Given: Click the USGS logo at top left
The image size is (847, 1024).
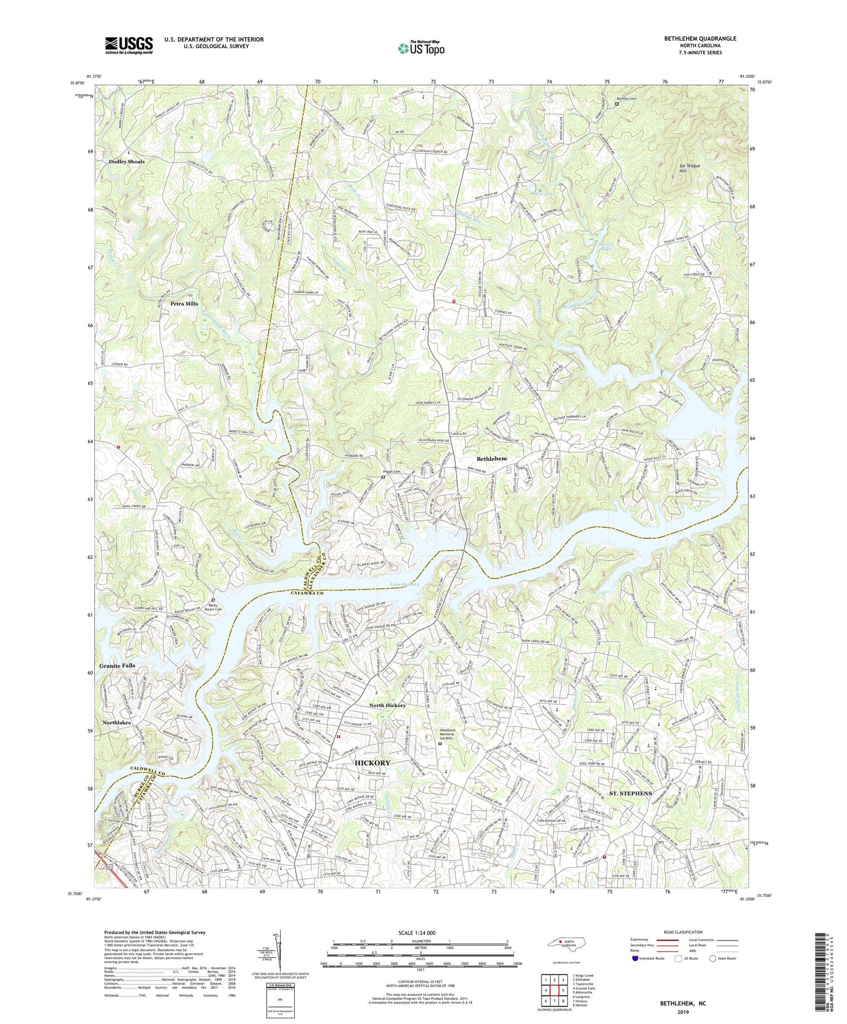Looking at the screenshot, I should [128, 45].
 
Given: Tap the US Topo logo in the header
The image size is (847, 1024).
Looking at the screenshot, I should [421, 49].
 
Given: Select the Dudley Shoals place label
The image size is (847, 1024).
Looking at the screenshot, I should [126, 162].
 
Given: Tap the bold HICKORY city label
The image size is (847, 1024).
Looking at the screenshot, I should [372, 762].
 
